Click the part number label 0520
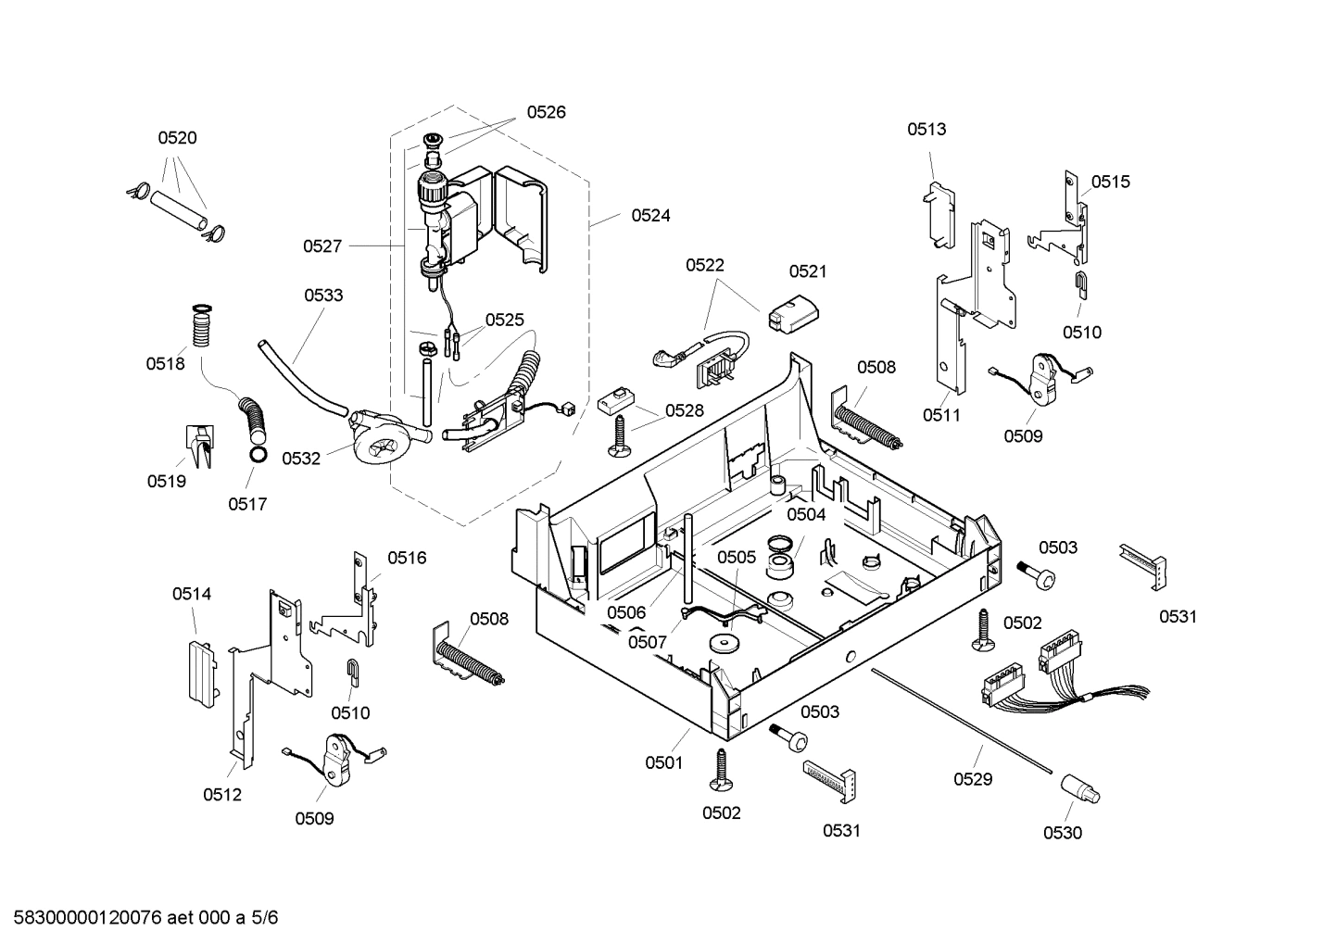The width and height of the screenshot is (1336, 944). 177,138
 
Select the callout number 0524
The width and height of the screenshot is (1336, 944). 650,215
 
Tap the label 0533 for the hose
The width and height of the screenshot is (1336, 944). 323,296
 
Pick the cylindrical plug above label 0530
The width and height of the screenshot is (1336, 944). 1079,789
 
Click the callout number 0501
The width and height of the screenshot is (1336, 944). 663,763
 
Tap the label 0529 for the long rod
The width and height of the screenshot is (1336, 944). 973,779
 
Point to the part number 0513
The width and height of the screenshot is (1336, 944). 926,130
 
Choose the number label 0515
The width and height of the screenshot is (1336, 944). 1110,182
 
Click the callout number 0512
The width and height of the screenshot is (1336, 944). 222,794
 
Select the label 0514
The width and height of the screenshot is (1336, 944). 192,594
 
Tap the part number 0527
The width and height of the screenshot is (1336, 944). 322,246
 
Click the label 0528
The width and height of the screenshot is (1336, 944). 684,410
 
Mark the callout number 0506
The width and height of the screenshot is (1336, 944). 626,612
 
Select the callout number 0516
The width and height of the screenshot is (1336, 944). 407,558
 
